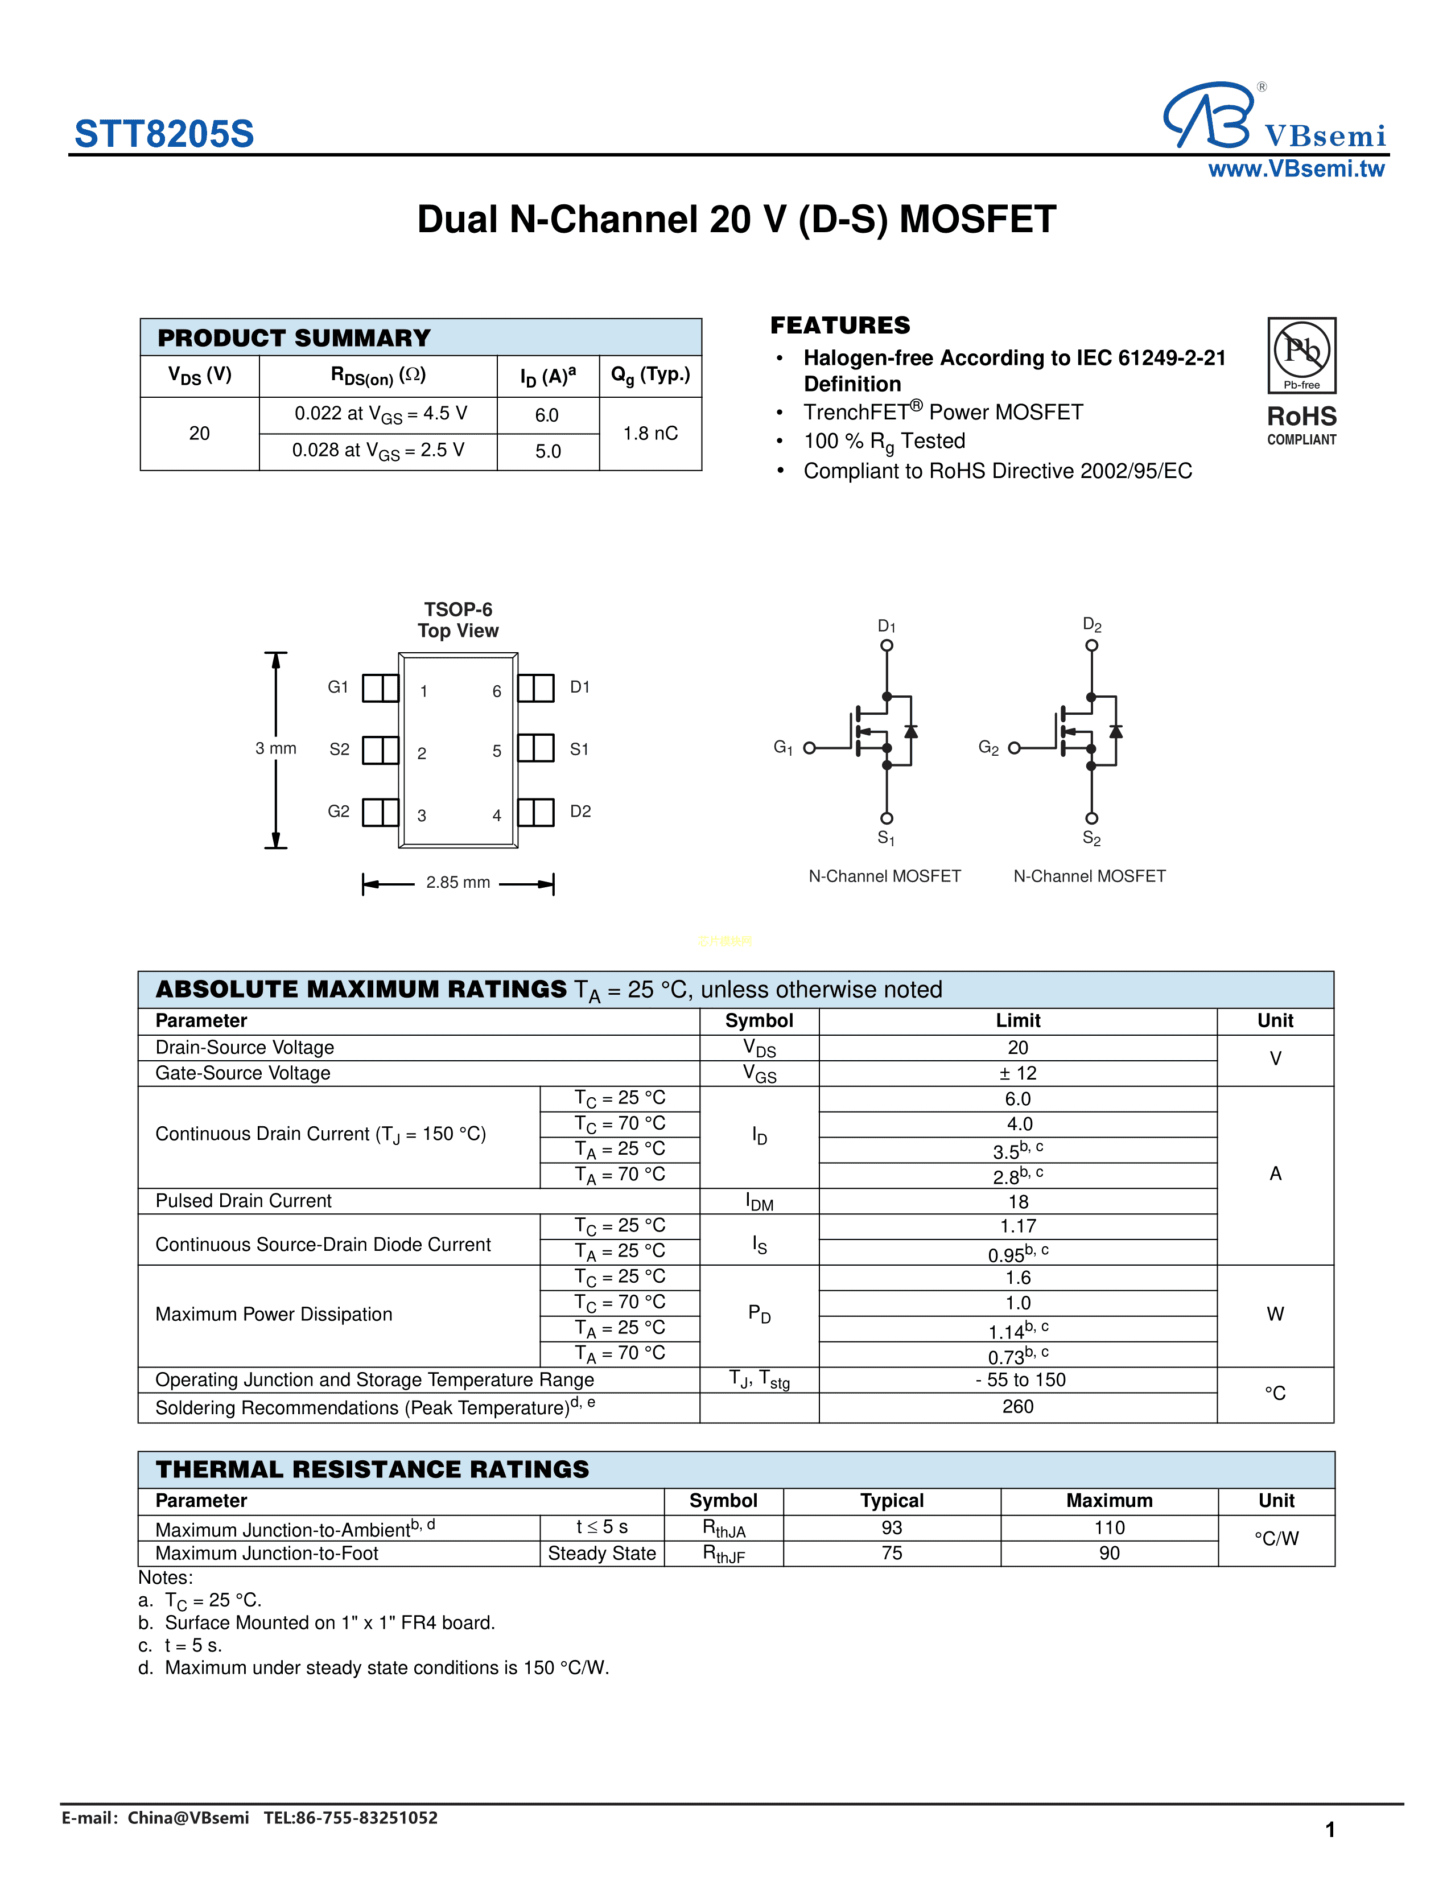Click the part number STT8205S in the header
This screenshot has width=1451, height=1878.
(164, 134)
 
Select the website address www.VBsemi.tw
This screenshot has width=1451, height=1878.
(1296, 170)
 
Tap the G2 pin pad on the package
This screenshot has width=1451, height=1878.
(380, 812)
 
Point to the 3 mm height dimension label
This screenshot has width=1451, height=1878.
(275, 749)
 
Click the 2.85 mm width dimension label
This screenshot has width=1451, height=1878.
(457, 882)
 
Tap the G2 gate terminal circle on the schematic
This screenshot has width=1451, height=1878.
(1015, 748)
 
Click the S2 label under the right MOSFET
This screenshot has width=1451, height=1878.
(1091, 838)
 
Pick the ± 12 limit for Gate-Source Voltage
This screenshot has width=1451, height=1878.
(1018, 1073)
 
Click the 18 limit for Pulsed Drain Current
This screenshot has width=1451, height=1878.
(1018, 1201)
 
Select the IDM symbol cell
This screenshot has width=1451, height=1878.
(759, 1202)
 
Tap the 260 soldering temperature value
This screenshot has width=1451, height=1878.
(1018, 1407)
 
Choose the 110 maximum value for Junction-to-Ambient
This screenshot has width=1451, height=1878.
(1109, 1527)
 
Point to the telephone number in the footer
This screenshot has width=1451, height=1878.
(351, 1818)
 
